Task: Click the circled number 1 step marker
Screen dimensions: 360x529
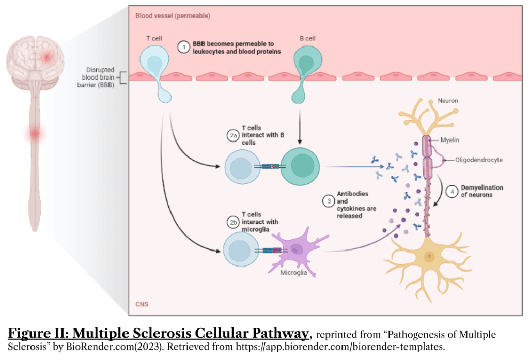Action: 183,48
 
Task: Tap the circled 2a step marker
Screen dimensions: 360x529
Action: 233,136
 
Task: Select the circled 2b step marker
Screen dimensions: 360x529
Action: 233,223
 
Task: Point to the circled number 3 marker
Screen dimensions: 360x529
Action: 328,201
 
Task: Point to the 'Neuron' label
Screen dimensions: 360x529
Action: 447,100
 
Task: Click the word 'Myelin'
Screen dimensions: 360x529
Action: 450,140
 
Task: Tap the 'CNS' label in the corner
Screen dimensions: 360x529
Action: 142,304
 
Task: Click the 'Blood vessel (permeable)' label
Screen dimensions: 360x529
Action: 173,16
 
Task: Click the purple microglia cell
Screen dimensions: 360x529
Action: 295,249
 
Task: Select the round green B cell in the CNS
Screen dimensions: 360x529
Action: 300,166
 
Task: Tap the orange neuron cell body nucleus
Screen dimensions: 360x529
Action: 428,257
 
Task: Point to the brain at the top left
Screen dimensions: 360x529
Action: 35,58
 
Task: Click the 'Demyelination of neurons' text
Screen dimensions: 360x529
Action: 482,191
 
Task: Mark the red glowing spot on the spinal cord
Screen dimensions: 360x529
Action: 35,133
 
